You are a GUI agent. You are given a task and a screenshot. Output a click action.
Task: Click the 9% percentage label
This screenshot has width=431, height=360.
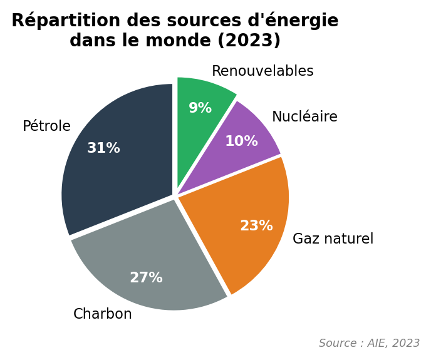coord(200,108)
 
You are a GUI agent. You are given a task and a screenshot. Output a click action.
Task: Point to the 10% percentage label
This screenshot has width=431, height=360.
coord(241,141)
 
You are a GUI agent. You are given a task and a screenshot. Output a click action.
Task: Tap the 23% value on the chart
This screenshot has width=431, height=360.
coord(256,226)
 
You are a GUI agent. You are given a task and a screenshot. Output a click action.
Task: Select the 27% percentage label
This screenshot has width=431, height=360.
coord(146,278)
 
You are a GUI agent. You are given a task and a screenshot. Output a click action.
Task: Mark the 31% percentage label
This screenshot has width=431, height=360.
coord(103,148)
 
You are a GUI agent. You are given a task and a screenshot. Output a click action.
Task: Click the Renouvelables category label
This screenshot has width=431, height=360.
coord(262,71)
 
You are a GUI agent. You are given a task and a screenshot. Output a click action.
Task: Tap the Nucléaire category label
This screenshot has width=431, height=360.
coord(304,117)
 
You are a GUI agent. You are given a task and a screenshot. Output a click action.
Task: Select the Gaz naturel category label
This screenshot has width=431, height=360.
coord(333,239)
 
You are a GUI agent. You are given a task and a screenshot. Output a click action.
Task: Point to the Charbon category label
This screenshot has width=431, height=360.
coord(103,314)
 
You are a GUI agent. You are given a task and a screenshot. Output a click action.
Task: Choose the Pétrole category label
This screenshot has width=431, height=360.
coord(46,126)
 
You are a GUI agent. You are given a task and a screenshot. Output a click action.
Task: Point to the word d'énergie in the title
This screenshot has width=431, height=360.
coord(294,21)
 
